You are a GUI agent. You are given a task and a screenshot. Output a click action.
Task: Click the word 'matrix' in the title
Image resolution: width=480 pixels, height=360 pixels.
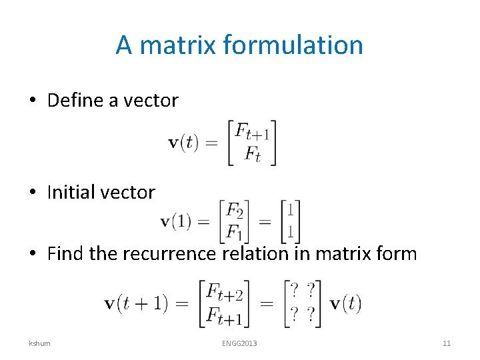[x=179, y=45]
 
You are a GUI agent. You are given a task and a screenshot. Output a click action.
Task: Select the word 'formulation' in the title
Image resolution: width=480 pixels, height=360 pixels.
[x=293, y=45]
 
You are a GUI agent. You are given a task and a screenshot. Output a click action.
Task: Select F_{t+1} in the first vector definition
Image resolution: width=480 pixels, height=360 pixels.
[x=251, y=131]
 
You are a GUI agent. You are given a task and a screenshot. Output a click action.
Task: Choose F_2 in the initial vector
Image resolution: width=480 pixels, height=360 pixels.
[x=234, y=211]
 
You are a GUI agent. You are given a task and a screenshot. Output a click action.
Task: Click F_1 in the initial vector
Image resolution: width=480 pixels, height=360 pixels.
[x=234, y=233]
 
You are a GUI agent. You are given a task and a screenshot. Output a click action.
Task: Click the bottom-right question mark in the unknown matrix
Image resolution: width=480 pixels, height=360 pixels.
[x=311, y=315]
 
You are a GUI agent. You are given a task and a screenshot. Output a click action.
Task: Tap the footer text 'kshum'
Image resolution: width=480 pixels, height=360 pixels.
[x=39, y=343]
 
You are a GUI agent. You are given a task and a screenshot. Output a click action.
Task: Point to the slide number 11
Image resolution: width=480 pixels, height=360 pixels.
[x=447, y=343]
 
